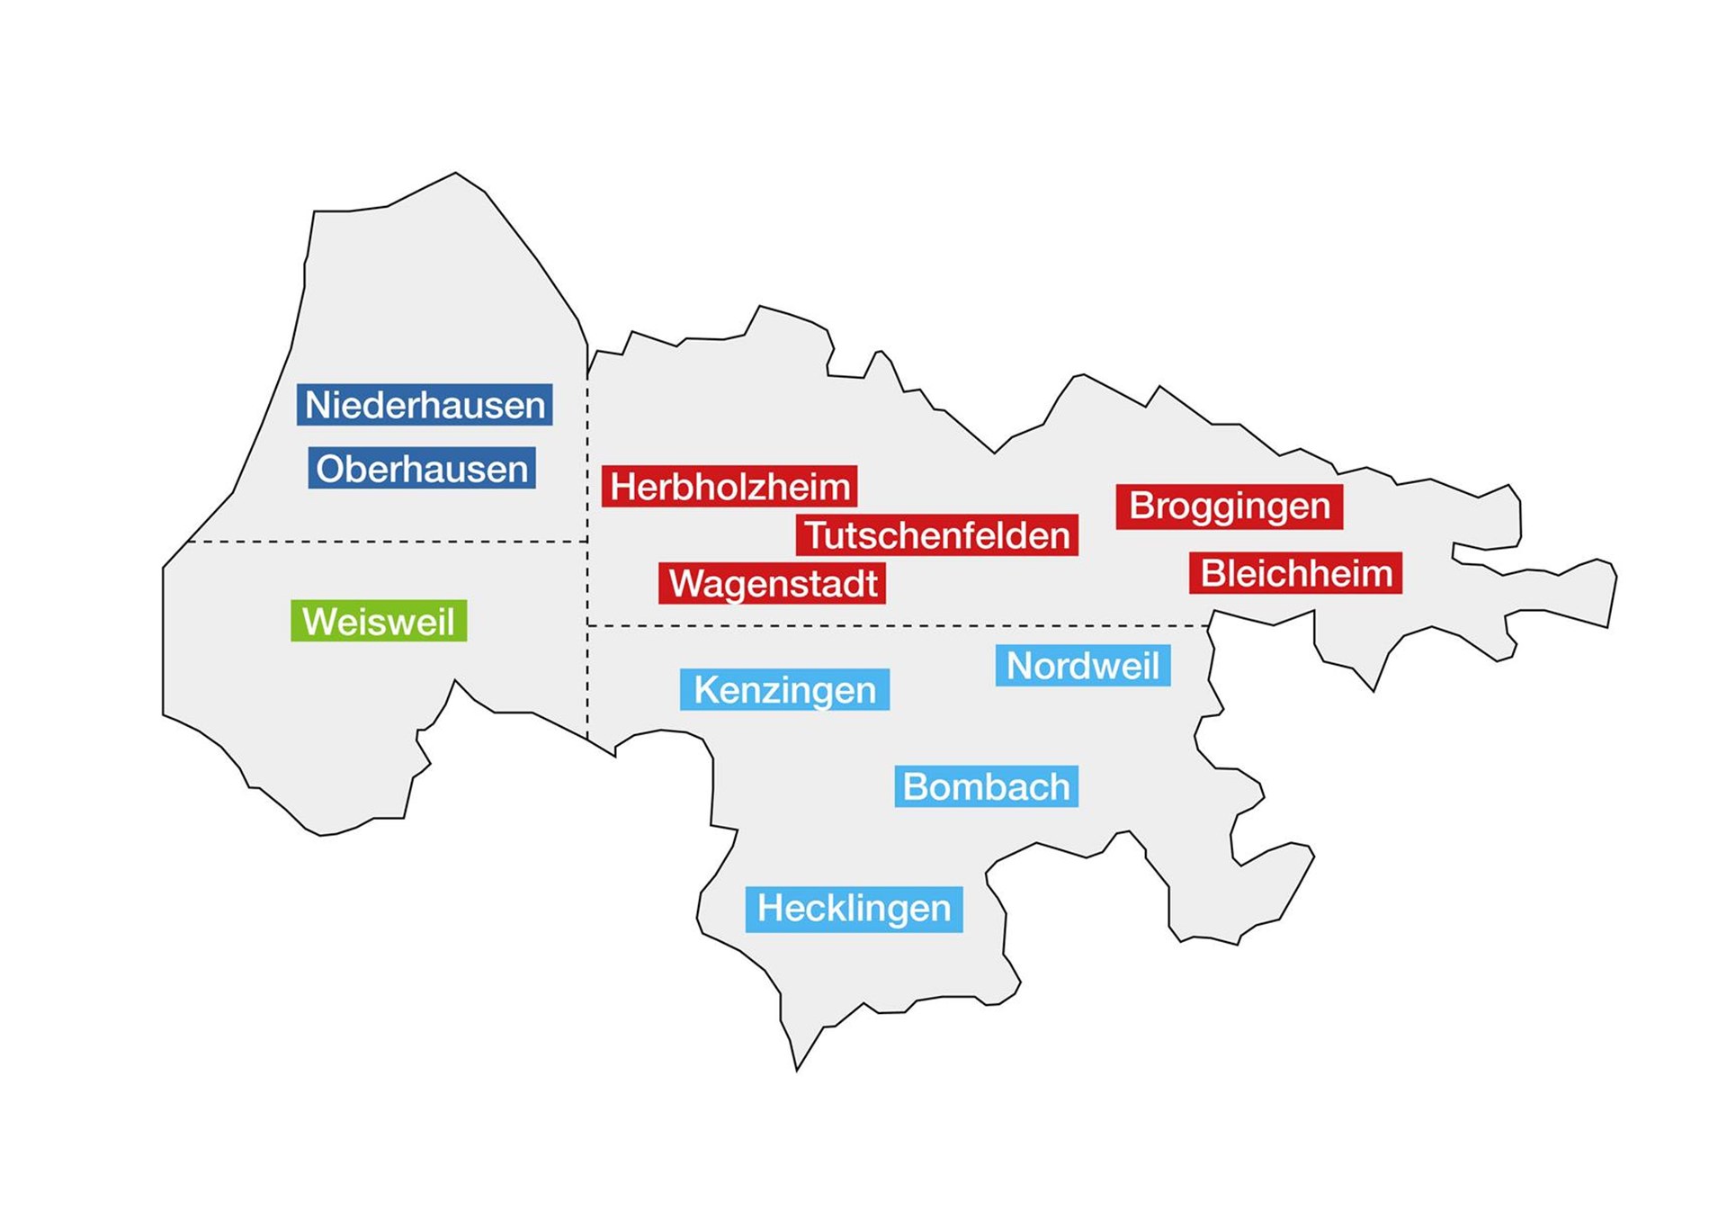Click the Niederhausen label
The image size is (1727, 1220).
pyautogui.click(x=425, y=405)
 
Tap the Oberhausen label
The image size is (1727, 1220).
pyautogui.click(x=422, y=469)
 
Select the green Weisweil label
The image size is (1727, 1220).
pyautogui.click(x=379, y=621)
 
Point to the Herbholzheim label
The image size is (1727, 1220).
pyautogui.click(x=729, y=487)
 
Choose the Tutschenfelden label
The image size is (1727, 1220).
pyautogui.click(x=936, y=535)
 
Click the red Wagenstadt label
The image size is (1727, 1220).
pyautogui.click(x=773, y=583)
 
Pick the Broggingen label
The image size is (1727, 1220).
pyautogui.click(x=1230, y=506)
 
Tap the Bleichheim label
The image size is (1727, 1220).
pyautogui.click(x=1296, y=573)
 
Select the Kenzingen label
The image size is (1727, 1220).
pyautogui.click(x=784, y=689)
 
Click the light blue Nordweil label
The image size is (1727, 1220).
pyautogui.click(x=1083, y=666)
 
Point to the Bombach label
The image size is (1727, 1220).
pyautogui.click(x=986, y=786)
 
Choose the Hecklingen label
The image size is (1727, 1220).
pyautogui.click(x=854, y=908)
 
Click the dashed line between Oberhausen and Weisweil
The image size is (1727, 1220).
pyautogui.click(x=387, y=542)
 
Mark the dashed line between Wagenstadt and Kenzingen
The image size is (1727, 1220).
pyautogui.click(x=899, y=625)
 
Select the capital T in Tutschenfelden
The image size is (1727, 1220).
pyautogui.click(x=816, y=535)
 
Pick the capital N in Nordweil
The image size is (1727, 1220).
pyautogui.click(x=1018, y=666)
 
